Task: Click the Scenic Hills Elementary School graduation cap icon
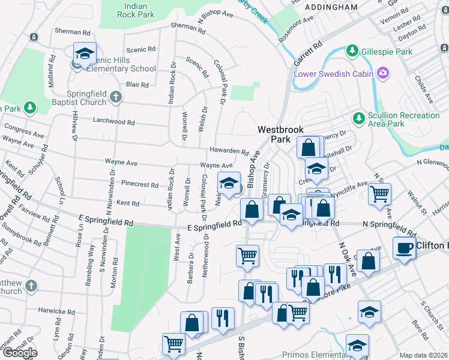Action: point(85,55)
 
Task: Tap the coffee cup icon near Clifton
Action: point(405,248)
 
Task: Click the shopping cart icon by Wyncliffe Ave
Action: point(379,194)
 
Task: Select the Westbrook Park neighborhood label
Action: point(280,134)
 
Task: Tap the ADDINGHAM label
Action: point(331,7)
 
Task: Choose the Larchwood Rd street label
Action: point(113,121)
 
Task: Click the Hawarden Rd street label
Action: point(229,151)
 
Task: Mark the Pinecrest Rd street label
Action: point(140,185)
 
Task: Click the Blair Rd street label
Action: point(137,85)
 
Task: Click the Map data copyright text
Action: point(424,355)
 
